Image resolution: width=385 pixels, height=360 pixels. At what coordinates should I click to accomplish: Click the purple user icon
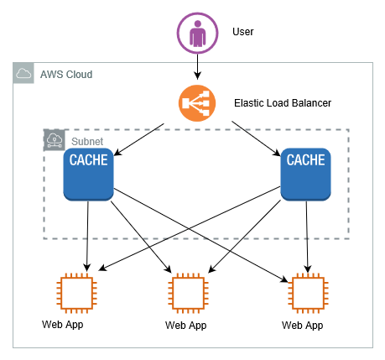(x=197, y=33)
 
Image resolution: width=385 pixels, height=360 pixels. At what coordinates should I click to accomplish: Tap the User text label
(x=243, y=32)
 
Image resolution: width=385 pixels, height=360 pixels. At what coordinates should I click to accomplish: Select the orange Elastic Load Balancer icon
(x=197, y=103)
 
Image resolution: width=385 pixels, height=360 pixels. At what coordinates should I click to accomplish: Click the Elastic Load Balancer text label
(x=283, y=103)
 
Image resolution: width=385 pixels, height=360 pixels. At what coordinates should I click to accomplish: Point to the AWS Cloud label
(x=66, y=75)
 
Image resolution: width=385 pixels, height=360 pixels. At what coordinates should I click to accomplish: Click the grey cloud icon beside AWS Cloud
(x=23, y=73)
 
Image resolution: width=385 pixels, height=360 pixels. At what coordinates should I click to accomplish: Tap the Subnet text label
(x=87, y=142)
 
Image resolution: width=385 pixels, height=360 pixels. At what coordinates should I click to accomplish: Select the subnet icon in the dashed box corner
(x=55, y=140)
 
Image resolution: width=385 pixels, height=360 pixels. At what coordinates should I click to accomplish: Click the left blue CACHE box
(x=88, y=175)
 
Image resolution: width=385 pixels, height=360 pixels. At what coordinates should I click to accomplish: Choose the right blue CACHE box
(x=305, y=175)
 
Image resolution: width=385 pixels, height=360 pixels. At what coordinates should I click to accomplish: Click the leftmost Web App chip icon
(x=76, y=293)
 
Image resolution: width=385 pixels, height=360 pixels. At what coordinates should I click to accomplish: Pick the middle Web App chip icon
(x=188, y=293)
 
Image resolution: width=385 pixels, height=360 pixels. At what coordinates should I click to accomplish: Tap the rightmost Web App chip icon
(x=308, y=293)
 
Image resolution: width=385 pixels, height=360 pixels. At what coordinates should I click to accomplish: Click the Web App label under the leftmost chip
(x=63, y=325)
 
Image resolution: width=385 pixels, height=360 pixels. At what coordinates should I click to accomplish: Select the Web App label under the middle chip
(x=186, y=326)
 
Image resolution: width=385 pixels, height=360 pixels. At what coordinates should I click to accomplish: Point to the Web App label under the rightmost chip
(x=303, y=326)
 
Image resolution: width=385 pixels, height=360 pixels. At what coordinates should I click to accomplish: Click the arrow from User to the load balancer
(x=197, y=66)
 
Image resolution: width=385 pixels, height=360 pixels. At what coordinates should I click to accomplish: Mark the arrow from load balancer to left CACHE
(x=139, y=139)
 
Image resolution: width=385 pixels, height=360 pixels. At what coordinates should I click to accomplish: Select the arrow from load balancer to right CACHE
(x=256, y=138)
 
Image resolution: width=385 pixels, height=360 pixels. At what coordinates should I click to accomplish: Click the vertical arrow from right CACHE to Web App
(x=307, y=237)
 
